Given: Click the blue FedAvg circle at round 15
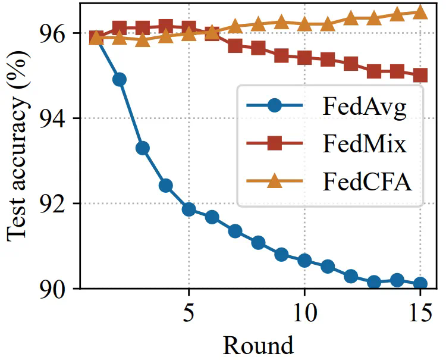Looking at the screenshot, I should click(x=420, y=284).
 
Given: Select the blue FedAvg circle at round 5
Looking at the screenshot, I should click(x=189, y=209).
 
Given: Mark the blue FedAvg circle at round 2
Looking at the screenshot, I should click(x=120, y=80).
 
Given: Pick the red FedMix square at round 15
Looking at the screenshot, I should click(x=420, y=76).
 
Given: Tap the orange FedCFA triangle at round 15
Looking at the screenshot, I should click(x=420, y=12).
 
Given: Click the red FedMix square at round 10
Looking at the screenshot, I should click(x=304, y=58).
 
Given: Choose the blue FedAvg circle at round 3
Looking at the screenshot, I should click(x=143, y=148).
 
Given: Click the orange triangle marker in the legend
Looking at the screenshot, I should click(x=274, y=180).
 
